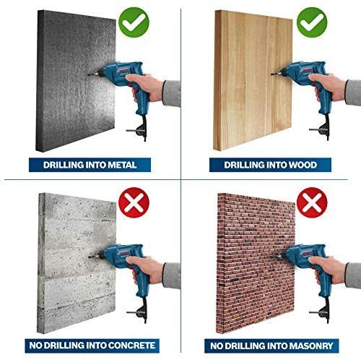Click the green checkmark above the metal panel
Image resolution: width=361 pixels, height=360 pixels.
pyautogui.click(x=134, y=22)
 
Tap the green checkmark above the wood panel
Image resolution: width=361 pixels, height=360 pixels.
pyautogui.click(x=312, y=22)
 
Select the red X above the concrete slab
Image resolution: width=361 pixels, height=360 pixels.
pyautogui.click(x=134, y=202)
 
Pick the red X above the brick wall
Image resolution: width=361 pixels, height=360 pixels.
pyautogui.click(x=312, y=202)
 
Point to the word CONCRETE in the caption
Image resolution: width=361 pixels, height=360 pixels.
pyautogui.click(x=131, y=346)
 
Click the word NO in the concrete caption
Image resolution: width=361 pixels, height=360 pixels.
pyautogui.click(x=35, y=346)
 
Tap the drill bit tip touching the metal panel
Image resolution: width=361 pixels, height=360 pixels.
pyautogui.click(x=88, y=75)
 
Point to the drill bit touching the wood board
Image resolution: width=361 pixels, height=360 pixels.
pyautogui.click(x=274, y=73)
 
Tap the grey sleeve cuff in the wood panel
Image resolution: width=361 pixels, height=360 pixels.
pyautogui.click(x=353, y=93)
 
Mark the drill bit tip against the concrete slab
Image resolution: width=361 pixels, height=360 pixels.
pyautogui.click(x=89, y=257)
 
